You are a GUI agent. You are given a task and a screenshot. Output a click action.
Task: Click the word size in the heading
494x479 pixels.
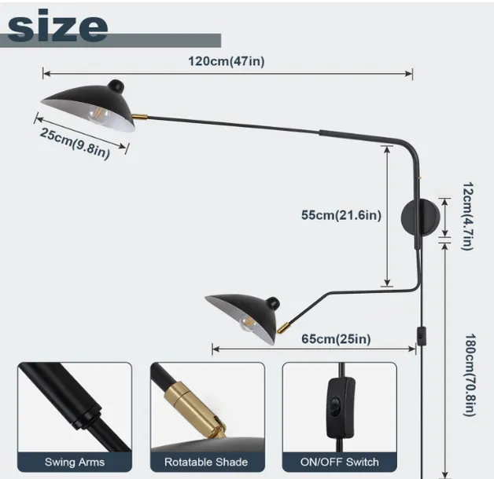click(x=57, y=27)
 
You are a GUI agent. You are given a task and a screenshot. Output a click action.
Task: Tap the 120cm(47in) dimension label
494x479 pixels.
click(x=227, y=61)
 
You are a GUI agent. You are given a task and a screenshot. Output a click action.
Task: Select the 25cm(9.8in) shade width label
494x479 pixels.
click(x=75, y=144)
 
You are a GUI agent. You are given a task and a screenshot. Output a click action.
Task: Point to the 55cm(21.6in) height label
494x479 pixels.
click(x=341, y=215)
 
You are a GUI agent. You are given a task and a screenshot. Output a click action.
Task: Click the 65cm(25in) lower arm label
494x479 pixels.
click(x=336, y=338)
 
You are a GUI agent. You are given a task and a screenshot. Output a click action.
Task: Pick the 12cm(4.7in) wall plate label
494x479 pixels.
click(x=467, y=216)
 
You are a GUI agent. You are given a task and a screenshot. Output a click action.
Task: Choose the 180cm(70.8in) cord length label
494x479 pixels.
click(x=470, y=375)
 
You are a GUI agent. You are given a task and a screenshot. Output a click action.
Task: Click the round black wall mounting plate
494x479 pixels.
click(x=420, y=218)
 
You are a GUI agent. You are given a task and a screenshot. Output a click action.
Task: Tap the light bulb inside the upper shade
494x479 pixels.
click(x=98, y=115)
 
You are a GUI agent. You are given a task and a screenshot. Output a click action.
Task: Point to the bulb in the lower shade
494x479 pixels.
click(x=248, y=324)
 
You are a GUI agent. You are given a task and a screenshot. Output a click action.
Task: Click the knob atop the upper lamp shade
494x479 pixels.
click(x=116, y=86)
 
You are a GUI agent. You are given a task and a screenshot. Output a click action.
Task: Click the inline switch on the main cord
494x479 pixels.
click(x=421, y=337)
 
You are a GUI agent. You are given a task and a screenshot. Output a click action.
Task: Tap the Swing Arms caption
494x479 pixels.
click(x=75, y=462)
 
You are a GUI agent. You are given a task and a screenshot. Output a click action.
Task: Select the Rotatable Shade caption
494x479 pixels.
click(x=206, y=462)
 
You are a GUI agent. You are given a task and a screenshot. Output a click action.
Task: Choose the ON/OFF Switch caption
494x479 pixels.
click(x=339, y=462)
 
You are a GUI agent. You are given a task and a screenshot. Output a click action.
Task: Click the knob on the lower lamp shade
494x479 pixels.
click(x=272, y=303)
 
